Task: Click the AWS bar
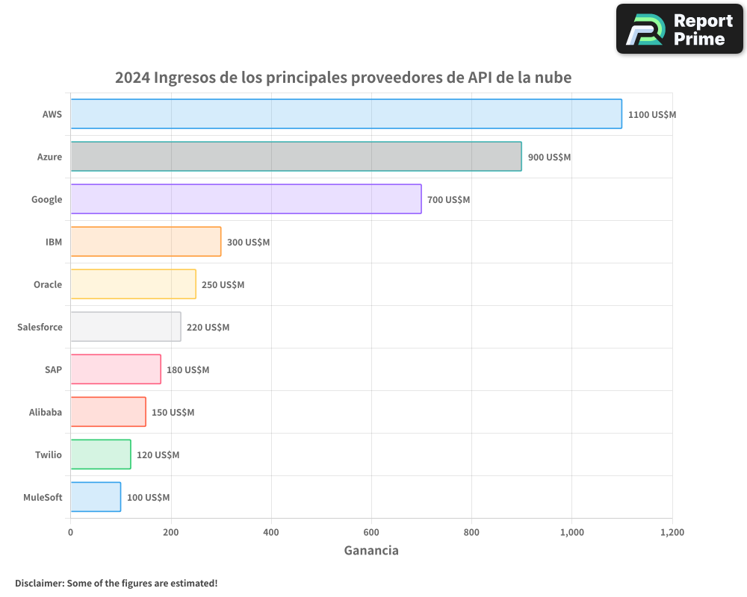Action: click(x=346, y=113)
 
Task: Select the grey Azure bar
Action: click(x=296, y=156)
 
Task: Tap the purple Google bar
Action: click(x=246, y=199)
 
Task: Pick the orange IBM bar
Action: click(x=146, y=241)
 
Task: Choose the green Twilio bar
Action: click(x=101, y=454)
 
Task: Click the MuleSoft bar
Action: click(x=96, y=497)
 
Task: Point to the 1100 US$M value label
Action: click(x=651, y=115)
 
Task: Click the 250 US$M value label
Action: click(x=223, y=285)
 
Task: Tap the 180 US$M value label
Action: click(x=187, y=370)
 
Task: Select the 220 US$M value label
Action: click(x=208, y=328)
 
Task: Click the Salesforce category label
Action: click(x=40, y=327)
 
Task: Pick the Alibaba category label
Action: click(x=46, y=412)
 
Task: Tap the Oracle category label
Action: click(x=48, y=284)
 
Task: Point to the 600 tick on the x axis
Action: click(x=371, y=533)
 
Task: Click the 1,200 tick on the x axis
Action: click(x=672, y=533)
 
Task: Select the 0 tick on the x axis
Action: click(x=71, y=533)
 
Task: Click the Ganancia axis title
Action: click(x=371, y=551)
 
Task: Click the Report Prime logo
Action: click(x=680, y=29)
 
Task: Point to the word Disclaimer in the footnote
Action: click(x=39, y=583)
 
